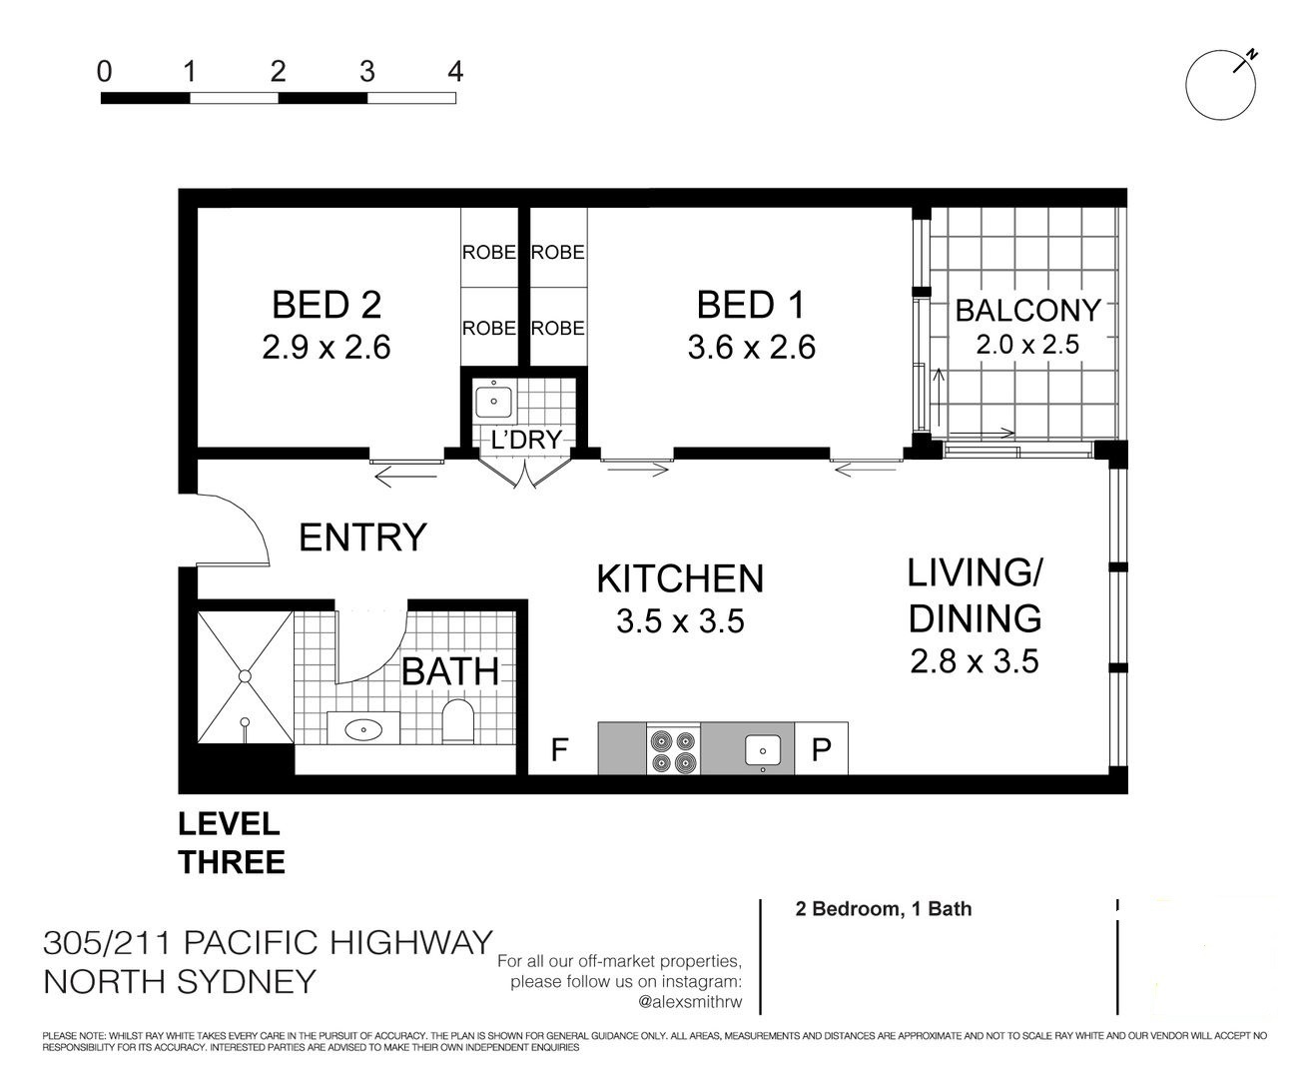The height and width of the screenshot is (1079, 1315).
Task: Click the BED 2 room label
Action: pyautogui.click(x=327, y=305)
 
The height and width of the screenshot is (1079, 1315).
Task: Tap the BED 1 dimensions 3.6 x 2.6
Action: pyautogui.click(x=751, y=348)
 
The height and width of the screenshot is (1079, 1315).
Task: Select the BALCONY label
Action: pyautogui.click(x=1028, y=311)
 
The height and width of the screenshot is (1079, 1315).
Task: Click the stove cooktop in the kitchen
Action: pyautogui.click(x=673, y=749)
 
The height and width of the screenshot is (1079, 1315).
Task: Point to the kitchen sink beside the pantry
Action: pyautogui.click(x=763, y=750)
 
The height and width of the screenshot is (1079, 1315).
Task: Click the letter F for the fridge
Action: pyautogui.click(x=559, y=749)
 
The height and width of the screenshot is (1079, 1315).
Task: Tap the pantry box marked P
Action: pyautogui.click(x=821, y=749)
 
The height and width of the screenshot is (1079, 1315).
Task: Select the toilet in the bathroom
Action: pyautogui.click(x=457, y=721)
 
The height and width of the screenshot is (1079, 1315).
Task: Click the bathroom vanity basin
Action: pyautogui.click(x=363, y=729)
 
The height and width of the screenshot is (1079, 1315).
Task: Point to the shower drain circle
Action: pyautogui.click(x=245, y=675)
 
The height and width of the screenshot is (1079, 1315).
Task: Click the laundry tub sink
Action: pyautogui.click(x=493, y=402)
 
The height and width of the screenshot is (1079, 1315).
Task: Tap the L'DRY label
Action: pyautogui.click(x=526, y=440)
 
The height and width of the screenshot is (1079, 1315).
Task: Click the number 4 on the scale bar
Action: pyautogui.click(x=455, y=72)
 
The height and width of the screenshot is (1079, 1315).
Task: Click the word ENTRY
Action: pyautogui.click(x=362, y=538)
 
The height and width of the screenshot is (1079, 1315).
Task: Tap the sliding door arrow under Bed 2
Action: pyautogui.click(x=406, y=479)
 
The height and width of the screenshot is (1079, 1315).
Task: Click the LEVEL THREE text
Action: pyautogui.click(x=232, y=844)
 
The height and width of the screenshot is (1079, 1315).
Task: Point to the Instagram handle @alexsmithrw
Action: pyautogui.click(x=690, y=1002)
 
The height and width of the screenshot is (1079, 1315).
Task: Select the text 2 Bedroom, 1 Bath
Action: pyautogui.click(x=884, y=908)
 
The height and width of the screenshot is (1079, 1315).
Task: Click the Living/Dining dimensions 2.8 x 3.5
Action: pyautogui.click(x=975, y=661)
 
